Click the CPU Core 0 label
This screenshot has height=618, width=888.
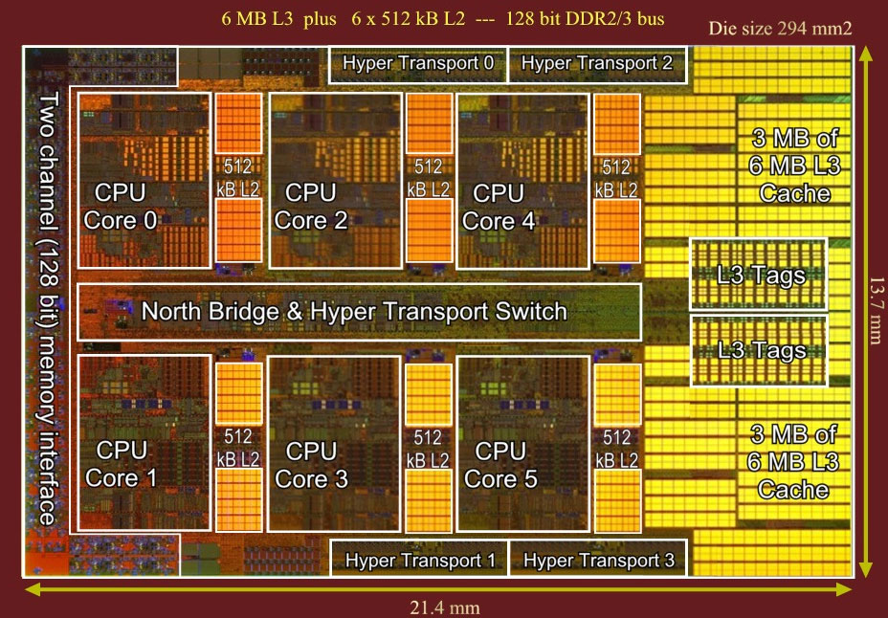pyautogui.click(x=122, y=207)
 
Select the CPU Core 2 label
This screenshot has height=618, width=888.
pyautogui.click(x=311, y=207)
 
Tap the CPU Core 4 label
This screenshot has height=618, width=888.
pyautogui.click(x=499, y=207)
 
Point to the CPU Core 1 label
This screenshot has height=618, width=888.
pyautogui.click(x=122, y=463)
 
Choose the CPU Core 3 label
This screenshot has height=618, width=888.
pyautogui.click(x=312, y=464)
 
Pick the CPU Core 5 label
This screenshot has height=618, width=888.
pyautogui.click(x=500, y=464)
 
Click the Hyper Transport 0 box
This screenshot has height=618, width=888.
pyautogui.click(x=418, y=64)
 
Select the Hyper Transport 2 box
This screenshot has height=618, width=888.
pyautogui.click(x=597, y=64)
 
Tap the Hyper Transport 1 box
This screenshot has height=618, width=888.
pyautogui.click(x=420, y=559)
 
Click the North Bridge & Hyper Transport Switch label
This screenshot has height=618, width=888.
pyautogui.click(x=354, y=311)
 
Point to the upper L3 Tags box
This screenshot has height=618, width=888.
pyautogui.click(x=761, y=276)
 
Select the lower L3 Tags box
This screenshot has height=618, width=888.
pyautogui.click(x=761, y=350)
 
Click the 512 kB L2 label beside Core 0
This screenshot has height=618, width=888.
pyautogui.click(x=237, y=177)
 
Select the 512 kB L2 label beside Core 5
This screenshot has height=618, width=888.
pyautogui.click(x=617, y=449)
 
